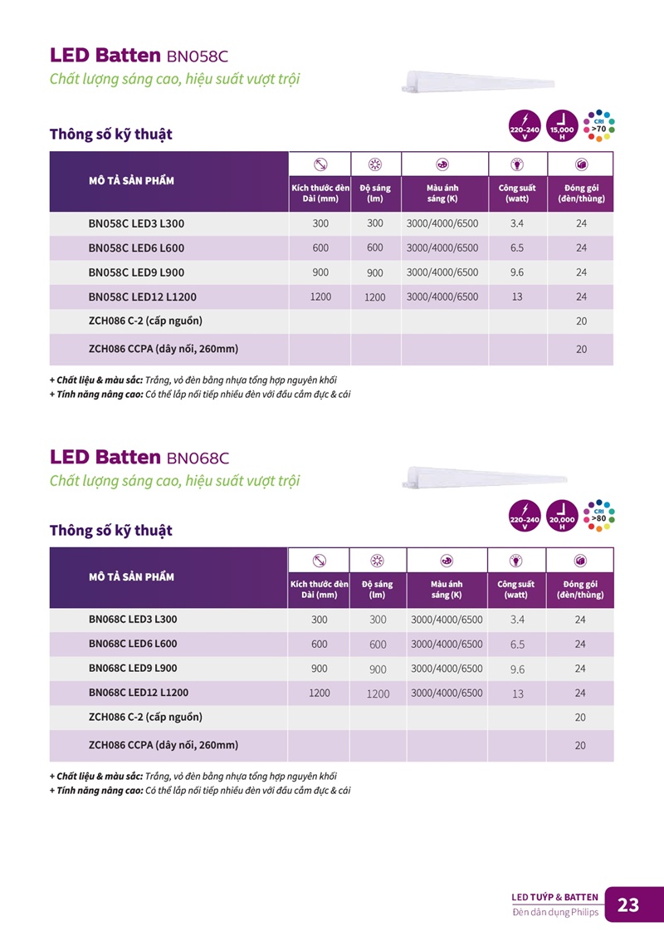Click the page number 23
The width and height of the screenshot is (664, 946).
628,904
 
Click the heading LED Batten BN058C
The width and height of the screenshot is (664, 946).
139,56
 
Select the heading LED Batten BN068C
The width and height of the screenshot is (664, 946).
139,457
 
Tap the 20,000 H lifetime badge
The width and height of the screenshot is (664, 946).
562,517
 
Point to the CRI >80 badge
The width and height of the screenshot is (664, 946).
598,516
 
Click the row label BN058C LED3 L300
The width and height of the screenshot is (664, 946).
136,223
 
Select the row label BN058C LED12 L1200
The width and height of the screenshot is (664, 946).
142,297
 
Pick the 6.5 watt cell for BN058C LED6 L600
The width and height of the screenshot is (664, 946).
517,248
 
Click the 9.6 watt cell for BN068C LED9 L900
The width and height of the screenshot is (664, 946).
517,669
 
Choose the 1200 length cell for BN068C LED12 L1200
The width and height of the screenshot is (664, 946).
320,693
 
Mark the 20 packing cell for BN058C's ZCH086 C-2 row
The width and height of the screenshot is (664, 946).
581,321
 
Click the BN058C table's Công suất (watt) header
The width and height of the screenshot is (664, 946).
517,194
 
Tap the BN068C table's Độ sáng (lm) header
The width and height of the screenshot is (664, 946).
378,589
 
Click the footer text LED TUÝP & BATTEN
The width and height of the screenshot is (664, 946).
554,897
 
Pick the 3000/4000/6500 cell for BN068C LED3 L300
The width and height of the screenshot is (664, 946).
447,620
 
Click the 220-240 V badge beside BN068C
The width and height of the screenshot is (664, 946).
525,517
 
